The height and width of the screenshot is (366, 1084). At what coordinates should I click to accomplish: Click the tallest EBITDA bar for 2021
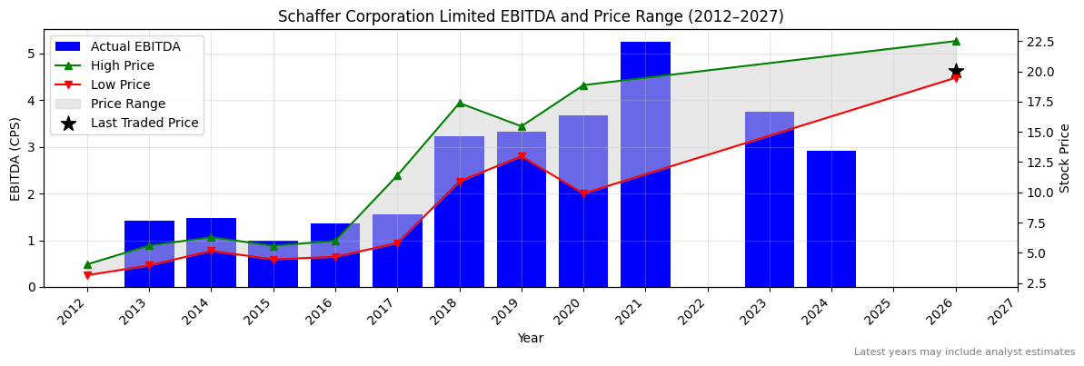click(645, 164)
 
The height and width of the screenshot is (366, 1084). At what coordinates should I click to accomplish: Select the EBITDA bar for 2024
click(831, 219)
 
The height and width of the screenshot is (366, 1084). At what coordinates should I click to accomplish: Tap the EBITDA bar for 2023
click(770, 200)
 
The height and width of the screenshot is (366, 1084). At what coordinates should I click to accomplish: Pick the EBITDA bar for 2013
click(149, 254)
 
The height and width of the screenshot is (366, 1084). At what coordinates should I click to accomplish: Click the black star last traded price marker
click(956, 71)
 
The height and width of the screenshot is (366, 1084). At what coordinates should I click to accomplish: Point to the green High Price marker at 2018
click(460, 103)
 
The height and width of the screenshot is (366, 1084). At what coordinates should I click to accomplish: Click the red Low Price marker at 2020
click(583, 193)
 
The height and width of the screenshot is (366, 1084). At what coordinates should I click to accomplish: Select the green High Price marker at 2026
click(956, 41)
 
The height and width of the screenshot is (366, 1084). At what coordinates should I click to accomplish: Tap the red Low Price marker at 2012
click(87, 275)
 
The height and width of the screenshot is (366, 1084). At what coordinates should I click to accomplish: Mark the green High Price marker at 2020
click(583, 85)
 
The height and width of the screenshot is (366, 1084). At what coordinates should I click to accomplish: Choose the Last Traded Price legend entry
click(144, 124)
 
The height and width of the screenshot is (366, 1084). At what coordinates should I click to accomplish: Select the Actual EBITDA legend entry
click(135, 47)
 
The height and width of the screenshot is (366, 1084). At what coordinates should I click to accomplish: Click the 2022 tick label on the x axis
click(701, 313)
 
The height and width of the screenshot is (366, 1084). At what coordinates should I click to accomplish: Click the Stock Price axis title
click(1065, 158)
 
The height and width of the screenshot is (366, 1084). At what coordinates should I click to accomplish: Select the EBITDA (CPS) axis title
click(15, 158)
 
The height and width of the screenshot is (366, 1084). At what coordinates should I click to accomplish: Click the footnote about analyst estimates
click(964, 352)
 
